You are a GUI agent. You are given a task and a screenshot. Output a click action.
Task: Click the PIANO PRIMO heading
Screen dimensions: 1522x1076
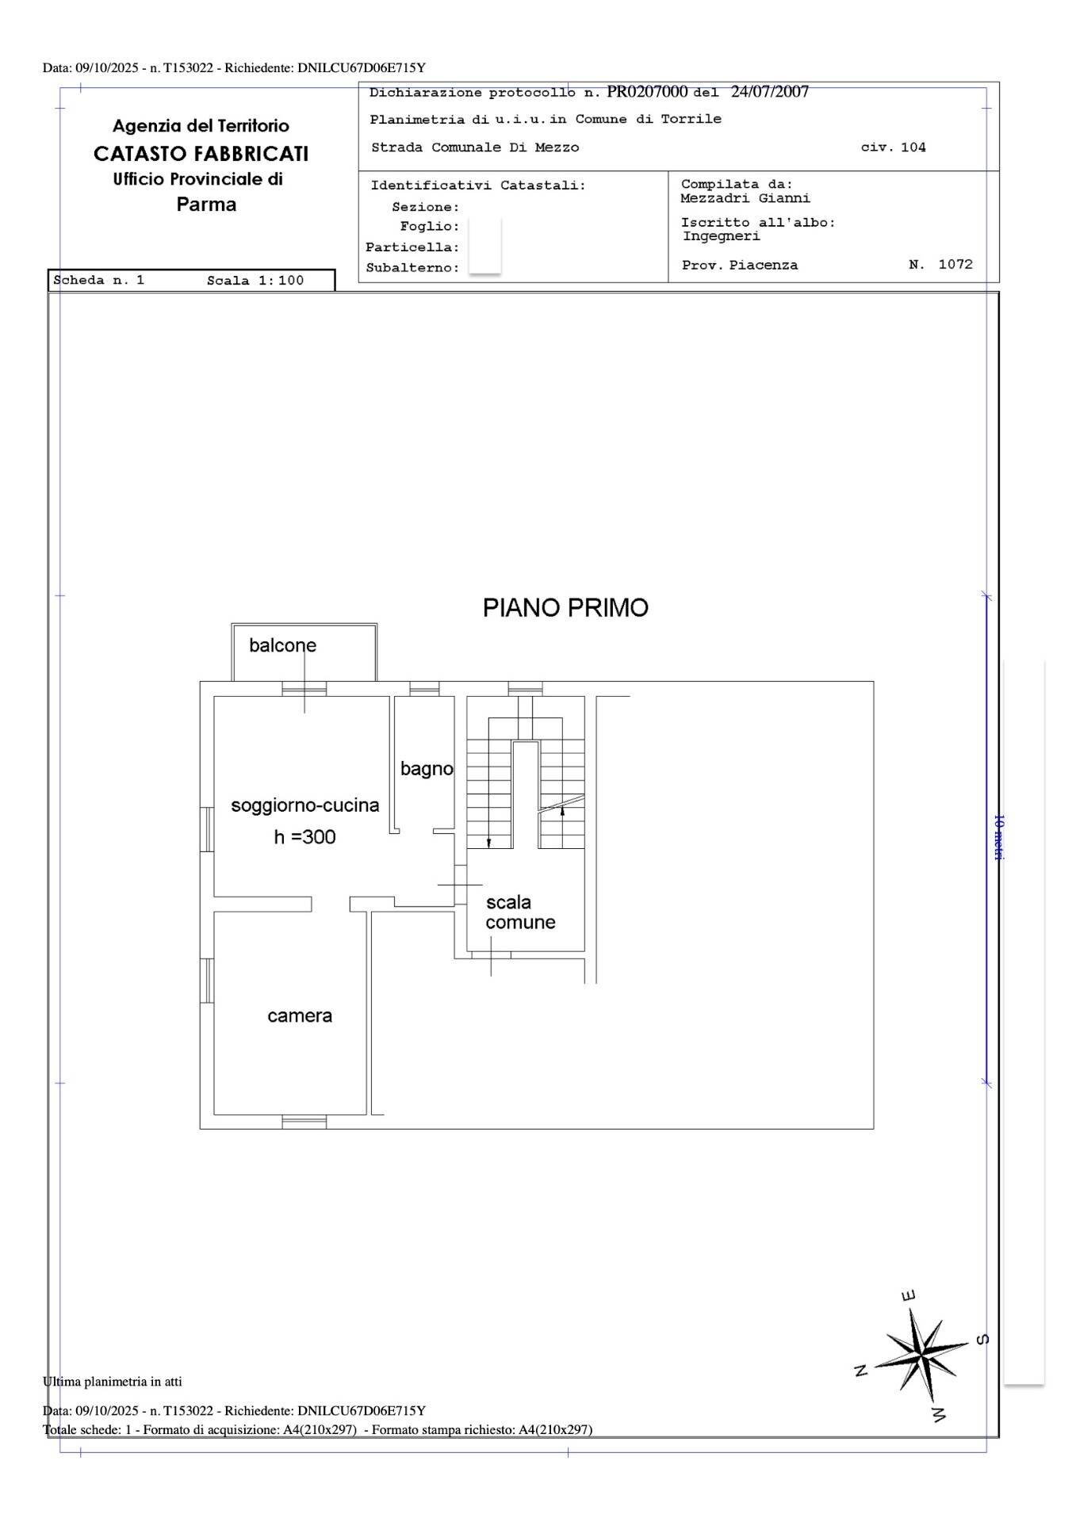[x=565, y=608]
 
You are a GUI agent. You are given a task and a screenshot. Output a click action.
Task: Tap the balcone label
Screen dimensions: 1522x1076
[x=282, y=645]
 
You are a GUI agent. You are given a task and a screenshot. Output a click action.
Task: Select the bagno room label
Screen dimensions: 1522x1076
[x=427, y=768]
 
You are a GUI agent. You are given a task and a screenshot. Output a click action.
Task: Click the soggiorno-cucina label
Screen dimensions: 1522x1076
[x=305, y=805]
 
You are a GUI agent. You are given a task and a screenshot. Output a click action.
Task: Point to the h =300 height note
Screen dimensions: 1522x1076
[x=304, y=837]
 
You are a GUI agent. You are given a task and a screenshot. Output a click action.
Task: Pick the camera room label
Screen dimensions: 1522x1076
[x=300, y=1015]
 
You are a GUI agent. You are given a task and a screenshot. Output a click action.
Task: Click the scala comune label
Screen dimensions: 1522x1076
[x=520, y=912]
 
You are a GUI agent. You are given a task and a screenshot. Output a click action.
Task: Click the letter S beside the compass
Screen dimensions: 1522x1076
[x=982, y=1340]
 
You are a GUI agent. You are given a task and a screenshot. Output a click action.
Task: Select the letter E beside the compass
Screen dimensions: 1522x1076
[x=909, y=1296]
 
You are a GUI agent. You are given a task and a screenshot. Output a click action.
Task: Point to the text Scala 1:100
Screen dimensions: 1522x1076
[x=255, y=281]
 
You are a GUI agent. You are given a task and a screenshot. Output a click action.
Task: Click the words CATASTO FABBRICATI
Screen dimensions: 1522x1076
[x=201, y=154]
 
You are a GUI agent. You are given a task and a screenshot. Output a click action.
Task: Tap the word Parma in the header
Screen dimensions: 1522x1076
[x=206, y=205]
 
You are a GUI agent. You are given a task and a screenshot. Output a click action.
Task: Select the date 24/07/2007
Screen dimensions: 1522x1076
[x=769, y=92]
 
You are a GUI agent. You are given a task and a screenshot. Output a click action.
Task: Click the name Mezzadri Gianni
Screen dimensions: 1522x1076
[x=745, y=198]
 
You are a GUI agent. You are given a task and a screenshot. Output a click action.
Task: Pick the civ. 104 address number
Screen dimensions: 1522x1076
[x=894, y=147]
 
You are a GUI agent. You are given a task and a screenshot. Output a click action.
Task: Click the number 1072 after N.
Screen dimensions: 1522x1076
[x=955, y=264]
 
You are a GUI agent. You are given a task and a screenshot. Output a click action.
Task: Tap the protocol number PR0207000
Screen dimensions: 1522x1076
[x=647, y=92]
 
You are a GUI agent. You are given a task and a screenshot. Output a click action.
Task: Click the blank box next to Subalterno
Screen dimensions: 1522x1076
[x=484, y=267]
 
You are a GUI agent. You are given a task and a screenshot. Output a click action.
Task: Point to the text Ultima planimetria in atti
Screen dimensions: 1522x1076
[x=113, y=1382]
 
